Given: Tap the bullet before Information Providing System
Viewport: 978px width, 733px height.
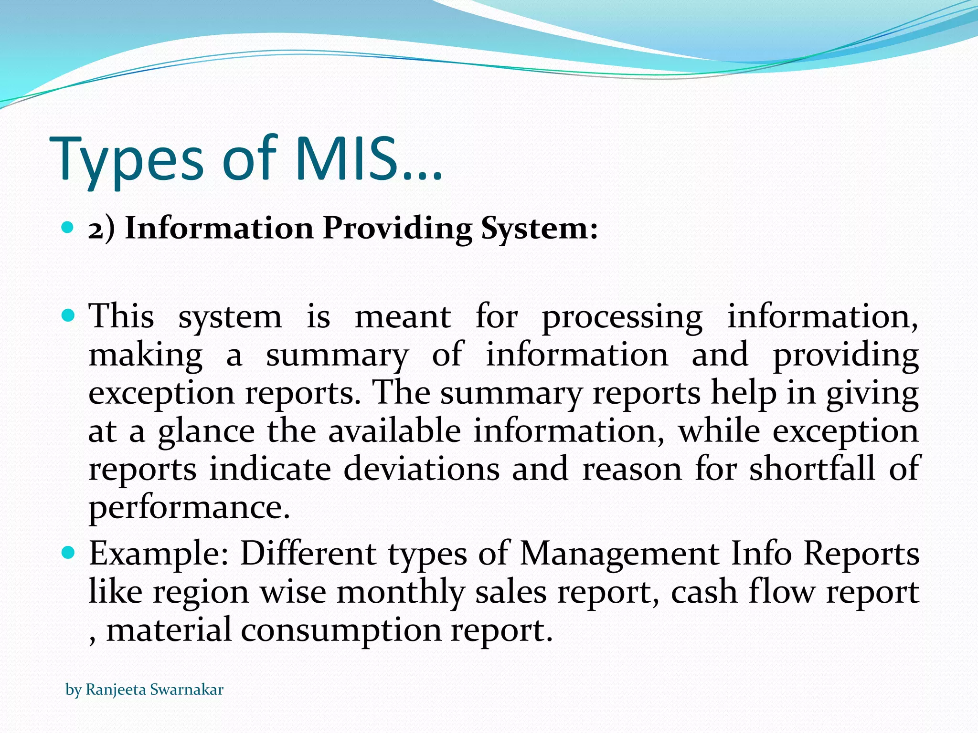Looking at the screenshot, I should (68, 227).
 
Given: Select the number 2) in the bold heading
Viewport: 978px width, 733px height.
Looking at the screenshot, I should (102, 229).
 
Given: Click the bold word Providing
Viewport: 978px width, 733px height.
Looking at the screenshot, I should (398, 229).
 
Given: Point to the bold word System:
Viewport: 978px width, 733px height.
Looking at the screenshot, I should (539, 229).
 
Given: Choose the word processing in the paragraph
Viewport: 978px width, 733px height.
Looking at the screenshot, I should (622, 318).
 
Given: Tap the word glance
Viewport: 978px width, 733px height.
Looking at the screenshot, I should (206, 432).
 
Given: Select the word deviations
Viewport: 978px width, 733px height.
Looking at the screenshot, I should (422, 469).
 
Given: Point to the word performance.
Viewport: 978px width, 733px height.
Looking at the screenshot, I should (189, 508).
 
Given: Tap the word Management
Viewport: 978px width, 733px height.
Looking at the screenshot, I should (619, 555).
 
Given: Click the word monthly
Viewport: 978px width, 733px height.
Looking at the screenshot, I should (400, 592).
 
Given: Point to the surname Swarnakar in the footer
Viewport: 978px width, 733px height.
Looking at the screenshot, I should (187, 690).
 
